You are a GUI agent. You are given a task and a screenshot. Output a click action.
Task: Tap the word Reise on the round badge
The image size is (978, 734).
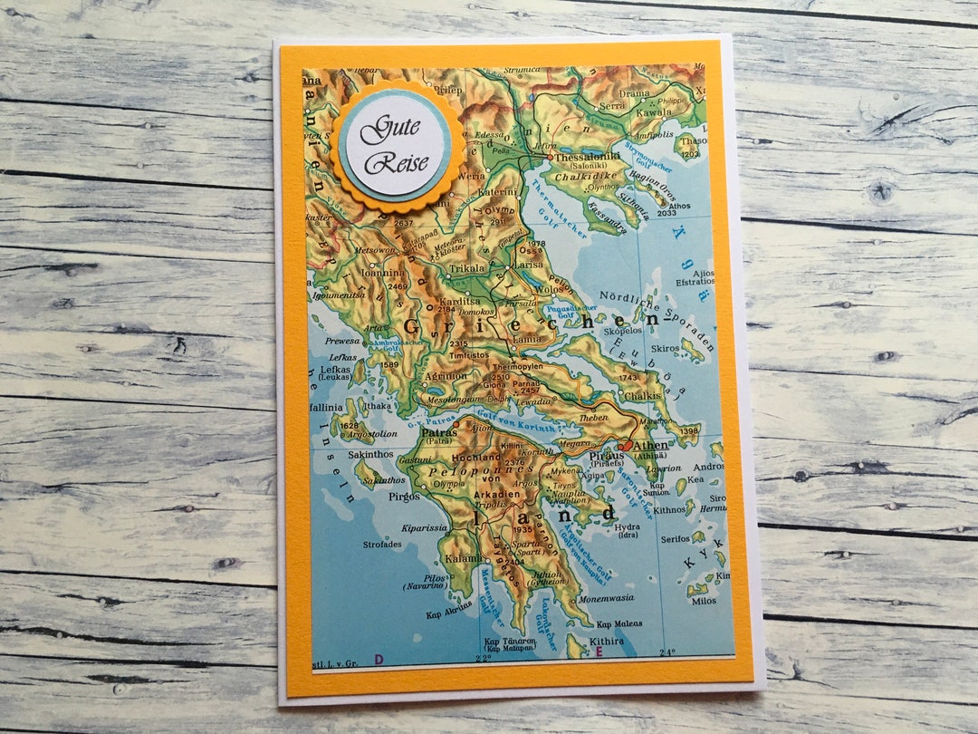tap(396, 162)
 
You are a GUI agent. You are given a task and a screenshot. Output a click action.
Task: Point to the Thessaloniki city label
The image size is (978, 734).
tap(588, 156)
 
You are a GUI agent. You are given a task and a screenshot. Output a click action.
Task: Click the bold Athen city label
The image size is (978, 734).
tap(651, 445)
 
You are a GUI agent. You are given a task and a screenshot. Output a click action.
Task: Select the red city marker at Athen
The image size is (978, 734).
tap(626, 447)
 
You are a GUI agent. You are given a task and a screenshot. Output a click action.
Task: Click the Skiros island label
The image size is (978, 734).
tap(665, 348)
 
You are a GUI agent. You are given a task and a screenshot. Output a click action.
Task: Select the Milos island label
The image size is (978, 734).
tap(704, 600)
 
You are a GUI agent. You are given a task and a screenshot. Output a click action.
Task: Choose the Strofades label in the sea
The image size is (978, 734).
tap(381, 544)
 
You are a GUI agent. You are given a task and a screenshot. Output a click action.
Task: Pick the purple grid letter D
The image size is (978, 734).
tap(379, 659)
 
